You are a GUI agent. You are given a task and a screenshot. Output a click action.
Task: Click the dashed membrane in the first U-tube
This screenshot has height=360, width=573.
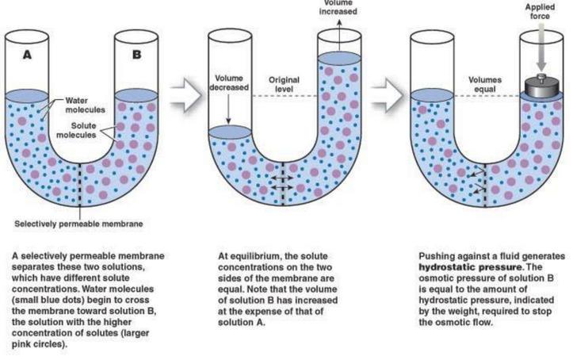tap(82, 185)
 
